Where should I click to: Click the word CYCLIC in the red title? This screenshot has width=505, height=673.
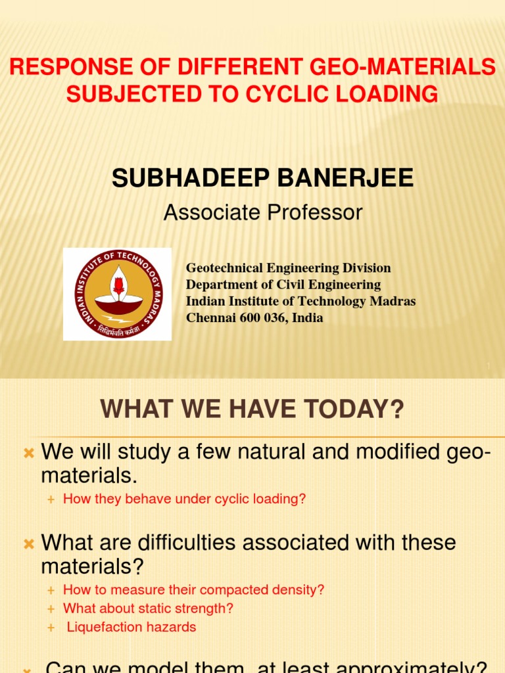pos(281,94)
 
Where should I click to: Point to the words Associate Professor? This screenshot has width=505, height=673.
pos(263,212)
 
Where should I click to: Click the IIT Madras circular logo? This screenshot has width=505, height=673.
pos(118,294)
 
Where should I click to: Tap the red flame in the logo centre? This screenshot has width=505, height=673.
pos(118,285)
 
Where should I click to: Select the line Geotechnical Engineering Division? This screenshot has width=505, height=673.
pos(288,268)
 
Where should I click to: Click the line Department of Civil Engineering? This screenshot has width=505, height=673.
pos(283,285)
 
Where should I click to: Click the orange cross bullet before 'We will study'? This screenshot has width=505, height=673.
pos(28,453)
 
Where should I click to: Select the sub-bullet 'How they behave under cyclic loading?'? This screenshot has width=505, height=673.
pos(184,499)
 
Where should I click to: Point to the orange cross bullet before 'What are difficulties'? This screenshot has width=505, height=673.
pos(28,544)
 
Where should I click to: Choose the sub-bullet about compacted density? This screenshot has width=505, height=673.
pos(193,590)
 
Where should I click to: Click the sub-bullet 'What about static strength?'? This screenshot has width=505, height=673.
pos(148,609)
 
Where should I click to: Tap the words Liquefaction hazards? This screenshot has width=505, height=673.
pos(132,627)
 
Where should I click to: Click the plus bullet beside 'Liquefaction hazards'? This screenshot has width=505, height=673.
pos(51,628)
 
